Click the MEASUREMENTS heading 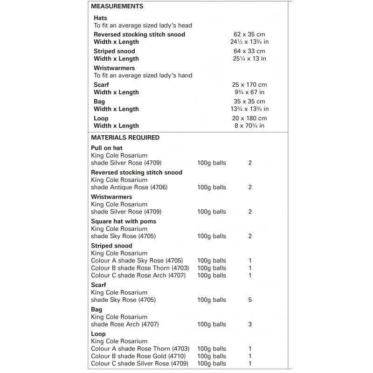click(117, 7)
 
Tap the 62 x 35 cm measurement click(250, 35)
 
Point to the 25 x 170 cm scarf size click(250, 85)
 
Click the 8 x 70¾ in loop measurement click(250, 126)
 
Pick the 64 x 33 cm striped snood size click(250, 51)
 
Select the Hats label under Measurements click(100, 18)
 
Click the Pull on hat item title click(107, 148)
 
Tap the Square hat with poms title click(124, 221)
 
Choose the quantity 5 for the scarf click(250, 300)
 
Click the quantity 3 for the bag click(250, 325)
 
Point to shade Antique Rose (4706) click(129, 187)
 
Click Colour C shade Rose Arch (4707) click(138, 276)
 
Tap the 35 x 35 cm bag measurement click(250, 102)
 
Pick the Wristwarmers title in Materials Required click(111, 197)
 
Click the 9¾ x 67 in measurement click(250, 92)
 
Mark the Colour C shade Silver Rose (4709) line click(140, 364)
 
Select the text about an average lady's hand click(143, 76)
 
